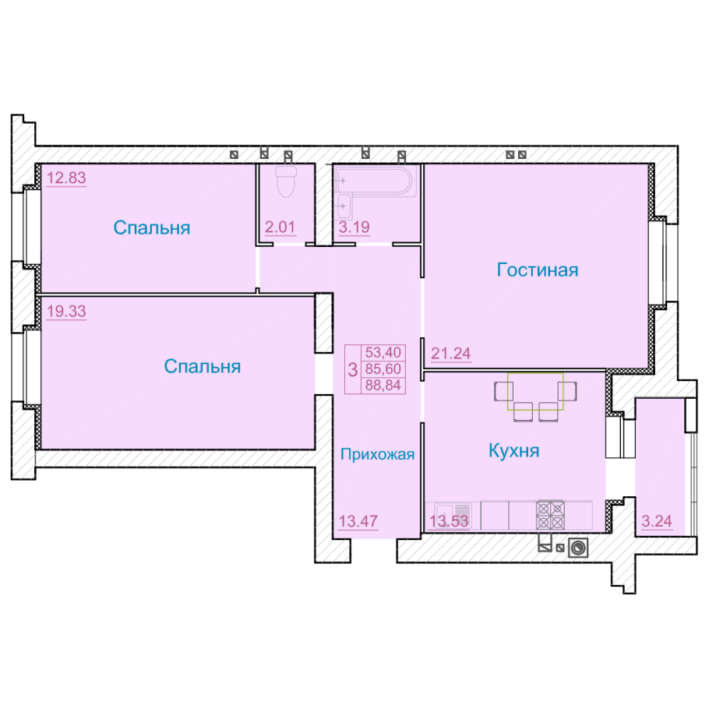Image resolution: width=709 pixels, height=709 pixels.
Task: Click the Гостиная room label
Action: coord(537,270)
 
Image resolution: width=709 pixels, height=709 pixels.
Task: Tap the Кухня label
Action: coord(514,451)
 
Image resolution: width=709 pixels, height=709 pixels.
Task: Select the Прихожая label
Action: coord(378,454)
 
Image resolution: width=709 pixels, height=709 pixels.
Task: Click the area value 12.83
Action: coord(66,178)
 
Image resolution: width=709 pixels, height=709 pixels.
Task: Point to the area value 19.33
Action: coord(66,311)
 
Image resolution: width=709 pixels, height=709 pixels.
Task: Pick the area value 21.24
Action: coord(451,353)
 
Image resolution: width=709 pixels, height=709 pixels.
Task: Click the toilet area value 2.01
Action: coord(280,227)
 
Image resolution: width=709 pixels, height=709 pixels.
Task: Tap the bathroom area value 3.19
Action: coord(354,227)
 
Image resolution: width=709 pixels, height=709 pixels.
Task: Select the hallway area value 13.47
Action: coord(358,521)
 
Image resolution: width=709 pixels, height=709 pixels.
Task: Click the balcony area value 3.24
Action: coord(657,521)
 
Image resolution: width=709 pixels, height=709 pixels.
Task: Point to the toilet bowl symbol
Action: coord(286,182)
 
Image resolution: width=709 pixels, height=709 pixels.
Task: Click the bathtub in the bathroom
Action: coord(375,181)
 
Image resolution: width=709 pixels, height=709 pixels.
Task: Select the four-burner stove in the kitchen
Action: coord(550,515)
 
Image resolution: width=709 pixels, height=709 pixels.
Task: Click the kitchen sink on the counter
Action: coord(453,515)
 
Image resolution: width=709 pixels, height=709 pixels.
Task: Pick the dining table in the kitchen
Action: coord(535,391)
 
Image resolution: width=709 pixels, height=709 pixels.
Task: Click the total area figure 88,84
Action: coord(383,385)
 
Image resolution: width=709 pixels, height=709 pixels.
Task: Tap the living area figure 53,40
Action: coord(383,352)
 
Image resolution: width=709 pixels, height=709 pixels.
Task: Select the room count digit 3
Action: coord(353,369)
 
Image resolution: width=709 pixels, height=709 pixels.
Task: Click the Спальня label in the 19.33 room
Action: coord(202,366)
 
